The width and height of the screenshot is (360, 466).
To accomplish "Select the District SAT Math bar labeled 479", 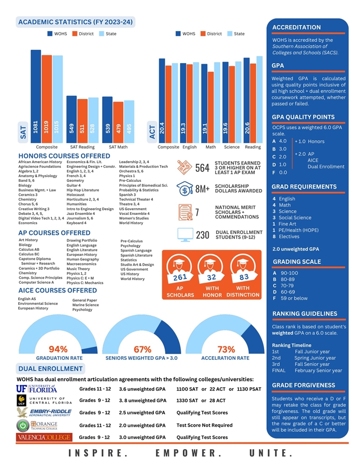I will pyautogui.click(x=119, y=121).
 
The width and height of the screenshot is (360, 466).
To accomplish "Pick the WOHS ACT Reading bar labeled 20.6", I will pyautogui.click(x=247, y=99).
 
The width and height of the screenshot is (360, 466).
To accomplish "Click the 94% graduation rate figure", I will pyautogui.click(x=59, y=349).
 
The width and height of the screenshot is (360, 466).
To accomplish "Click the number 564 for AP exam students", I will pyautogui.click(x=202, y=168).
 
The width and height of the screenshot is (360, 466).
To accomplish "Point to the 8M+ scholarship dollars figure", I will pyautogui.click(x=202, y=189).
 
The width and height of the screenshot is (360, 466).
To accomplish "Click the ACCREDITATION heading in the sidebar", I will pyautogui.click(x=296, y=27).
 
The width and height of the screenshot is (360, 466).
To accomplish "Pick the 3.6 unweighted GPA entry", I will pyautogui.click(x=142, y=389).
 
